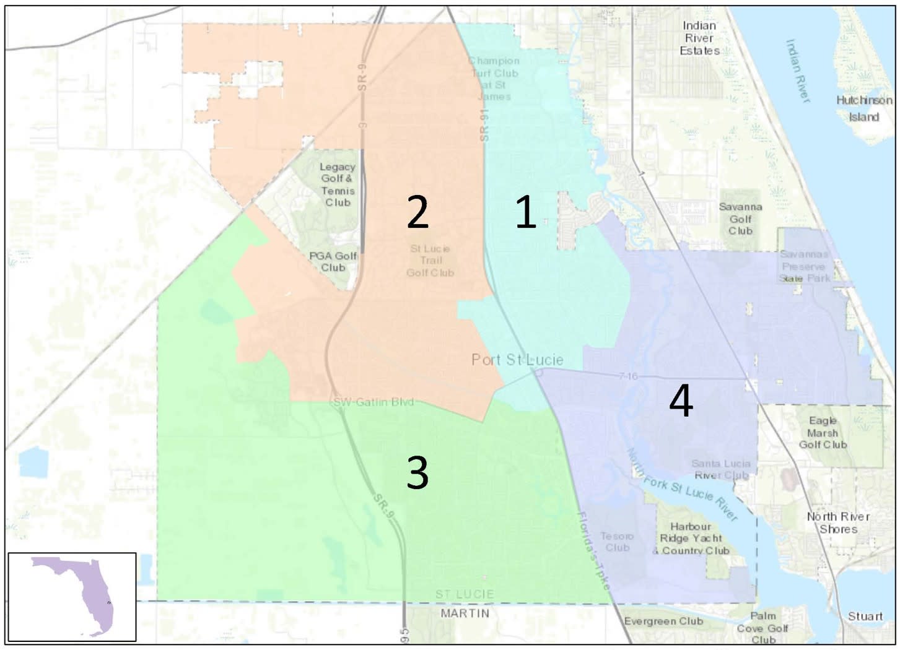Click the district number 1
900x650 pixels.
[526, 212]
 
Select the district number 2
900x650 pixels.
[417, 212]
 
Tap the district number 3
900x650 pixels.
[417, 474]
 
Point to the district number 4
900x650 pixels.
[681, 402]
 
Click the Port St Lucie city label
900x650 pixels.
[517, 360]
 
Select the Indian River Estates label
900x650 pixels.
[699, 38]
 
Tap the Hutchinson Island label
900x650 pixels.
[864, 108]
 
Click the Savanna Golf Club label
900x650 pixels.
[740, 219]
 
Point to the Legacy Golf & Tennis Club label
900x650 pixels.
[338, 184]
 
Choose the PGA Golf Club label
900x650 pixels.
[333, 261]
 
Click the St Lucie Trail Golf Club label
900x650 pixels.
[430, 261]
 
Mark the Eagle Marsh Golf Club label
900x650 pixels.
[823, 432]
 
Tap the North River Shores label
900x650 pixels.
[838, 522]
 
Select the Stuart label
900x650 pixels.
[865, 616]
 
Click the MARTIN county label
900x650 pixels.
[465, 613]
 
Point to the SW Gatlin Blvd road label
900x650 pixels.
[373, 402]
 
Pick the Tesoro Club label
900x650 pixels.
[617, 542]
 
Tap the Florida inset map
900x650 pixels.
[72, 596]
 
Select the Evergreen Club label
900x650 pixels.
[663, 621]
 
